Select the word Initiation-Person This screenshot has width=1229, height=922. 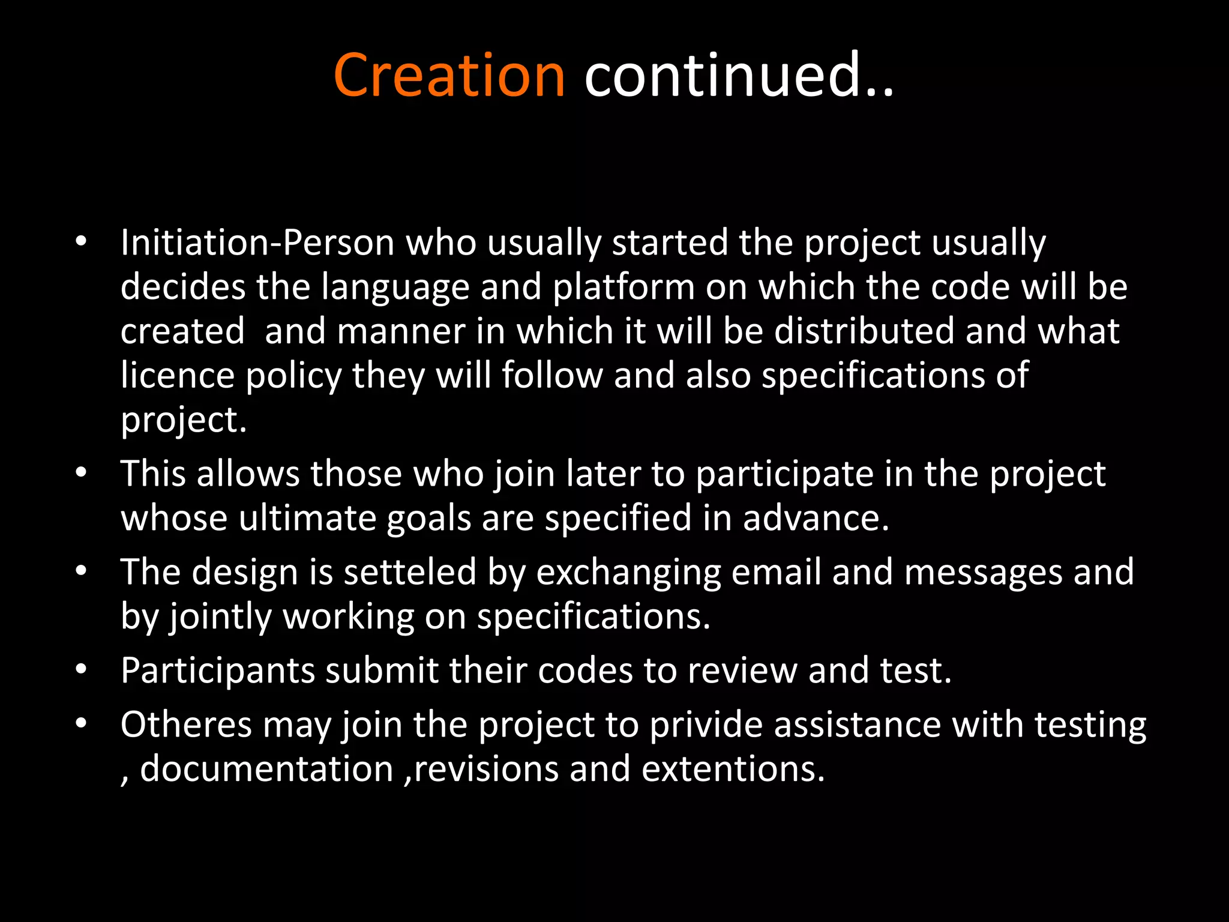(x=257, y=243)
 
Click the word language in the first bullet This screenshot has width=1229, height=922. (x=395, y=288)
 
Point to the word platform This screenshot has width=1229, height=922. (x=624, y=288)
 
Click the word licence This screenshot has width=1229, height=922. (x=178, y=376)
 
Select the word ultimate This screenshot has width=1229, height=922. (x=307, y=518)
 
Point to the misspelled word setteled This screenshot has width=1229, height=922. (x=410, y=572)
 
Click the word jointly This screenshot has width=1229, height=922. (x=220, y=617)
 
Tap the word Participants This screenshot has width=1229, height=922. (x=218, y=671)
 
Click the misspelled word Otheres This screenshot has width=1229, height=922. (x=186, y=725)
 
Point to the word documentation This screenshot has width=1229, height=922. (x=266, y=769)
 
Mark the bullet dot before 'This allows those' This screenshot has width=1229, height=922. (x=82, y=474)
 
